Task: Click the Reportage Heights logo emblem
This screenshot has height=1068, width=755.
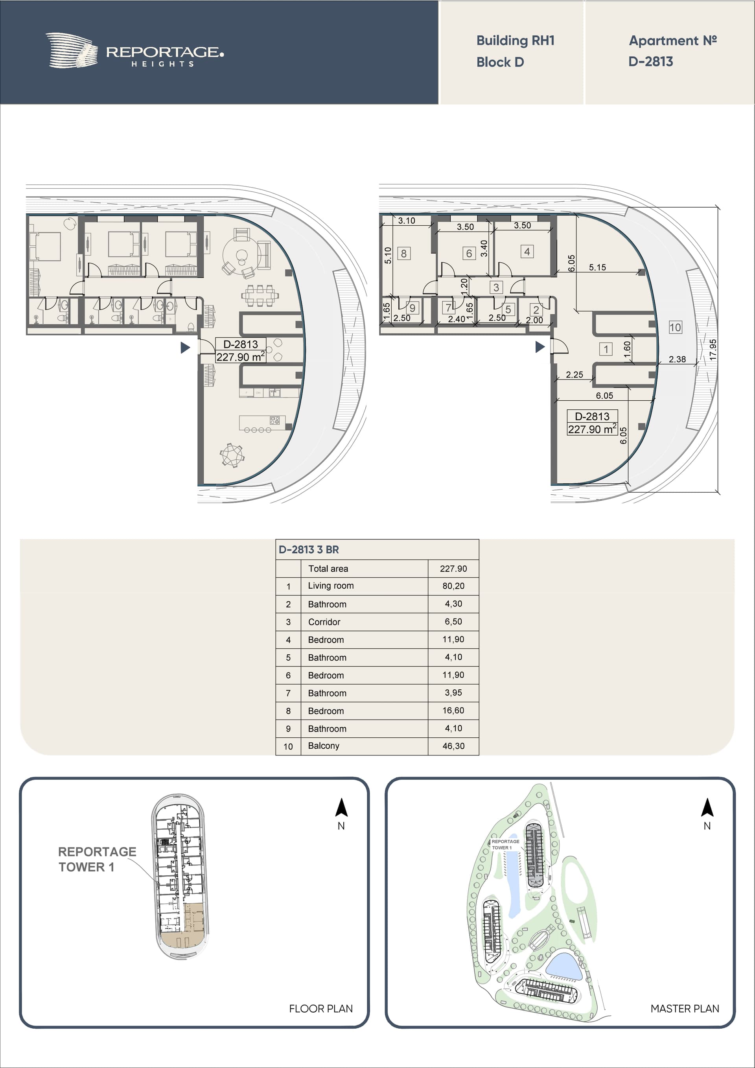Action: (x=72, y=50)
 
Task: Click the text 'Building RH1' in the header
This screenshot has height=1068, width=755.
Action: (x=516, y=41)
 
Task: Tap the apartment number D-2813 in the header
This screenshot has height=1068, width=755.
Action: (x=651, y=61)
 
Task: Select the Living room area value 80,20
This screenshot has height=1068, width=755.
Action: (x=453, y=586)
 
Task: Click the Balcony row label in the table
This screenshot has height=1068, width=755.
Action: (x=324, y=746)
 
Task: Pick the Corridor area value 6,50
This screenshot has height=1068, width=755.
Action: (x=453, y=621)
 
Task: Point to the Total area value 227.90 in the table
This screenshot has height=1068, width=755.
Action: (x=453, y=569)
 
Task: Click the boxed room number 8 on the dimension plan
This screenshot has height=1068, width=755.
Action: (x=404, y=254)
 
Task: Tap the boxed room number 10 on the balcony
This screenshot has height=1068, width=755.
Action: (x=675, y=327)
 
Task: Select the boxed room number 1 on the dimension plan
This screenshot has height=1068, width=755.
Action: (x=606, y=349)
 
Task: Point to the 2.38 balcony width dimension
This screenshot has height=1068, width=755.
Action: (x=677, y=359)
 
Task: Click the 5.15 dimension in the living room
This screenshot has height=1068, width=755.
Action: (x=597, y=267)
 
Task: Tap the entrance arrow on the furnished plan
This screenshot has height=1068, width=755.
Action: (x=186, y=348)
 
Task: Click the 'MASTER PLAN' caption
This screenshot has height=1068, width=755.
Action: (x=685, y=1009)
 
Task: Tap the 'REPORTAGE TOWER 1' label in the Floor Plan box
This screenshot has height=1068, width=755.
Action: (x=97, y=859)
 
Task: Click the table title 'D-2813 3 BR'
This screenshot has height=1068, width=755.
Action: (x=309, y=549)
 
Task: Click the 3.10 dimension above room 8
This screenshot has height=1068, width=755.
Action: (x=407, y=221)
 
